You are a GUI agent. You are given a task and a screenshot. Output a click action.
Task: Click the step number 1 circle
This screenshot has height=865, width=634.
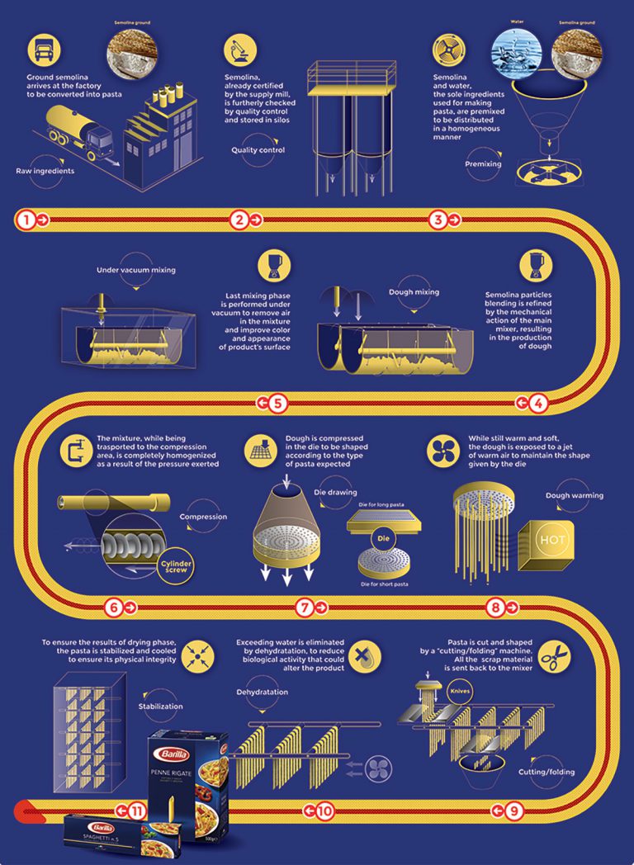pos(26,220)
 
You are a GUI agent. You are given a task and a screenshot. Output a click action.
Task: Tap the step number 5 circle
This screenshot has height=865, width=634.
pos(277,403)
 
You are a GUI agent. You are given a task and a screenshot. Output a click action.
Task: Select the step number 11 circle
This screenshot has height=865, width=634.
pos(137,811)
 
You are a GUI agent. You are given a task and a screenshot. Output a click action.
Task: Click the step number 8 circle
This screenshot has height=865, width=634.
pos(495,607)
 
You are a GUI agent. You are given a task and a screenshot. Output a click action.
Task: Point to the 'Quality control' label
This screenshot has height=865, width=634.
pos(258,149)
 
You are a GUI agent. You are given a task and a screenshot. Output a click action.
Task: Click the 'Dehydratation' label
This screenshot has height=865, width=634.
pos(263,692)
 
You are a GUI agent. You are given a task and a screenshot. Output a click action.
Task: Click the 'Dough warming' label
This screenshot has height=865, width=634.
pos(575,496)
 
